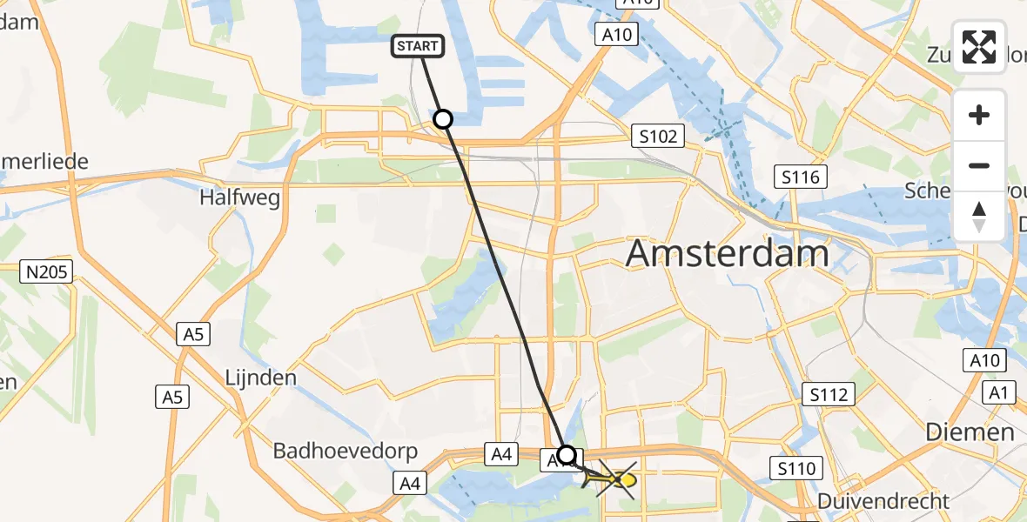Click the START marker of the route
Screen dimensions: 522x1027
[420, 46]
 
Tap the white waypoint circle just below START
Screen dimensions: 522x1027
[443, 119]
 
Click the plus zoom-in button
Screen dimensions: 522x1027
[979, 115]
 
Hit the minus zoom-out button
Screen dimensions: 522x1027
[979, 165]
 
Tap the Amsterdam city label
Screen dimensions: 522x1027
[727, 254]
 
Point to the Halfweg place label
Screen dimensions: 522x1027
[239, 198]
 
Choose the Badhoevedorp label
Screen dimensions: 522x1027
[346, 452]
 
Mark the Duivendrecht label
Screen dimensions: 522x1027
[883, 502]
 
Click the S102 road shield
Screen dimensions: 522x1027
[657, 136]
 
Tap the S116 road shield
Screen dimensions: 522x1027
[798, 178]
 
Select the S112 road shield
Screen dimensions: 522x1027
[827, 395]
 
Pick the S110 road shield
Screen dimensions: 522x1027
[796, 470]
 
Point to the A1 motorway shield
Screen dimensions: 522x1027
[1000, 394]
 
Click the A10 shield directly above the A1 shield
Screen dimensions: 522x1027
[984, 360]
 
